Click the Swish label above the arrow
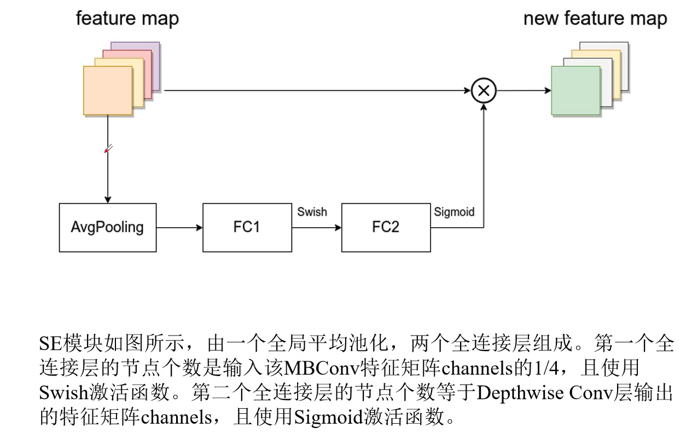tap(312, 212)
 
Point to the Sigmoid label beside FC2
tap(454, 212)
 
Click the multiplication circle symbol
tap(484, 91)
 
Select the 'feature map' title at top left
tap(127, 19)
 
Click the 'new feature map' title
tap(595, 19)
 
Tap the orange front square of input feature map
tap(108, 90)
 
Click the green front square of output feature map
tap(575, 90)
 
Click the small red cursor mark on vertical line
tap(108, 148)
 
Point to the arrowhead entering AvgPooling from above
tap(108, 199)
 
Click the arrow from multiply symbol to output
tap(523, 91)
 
